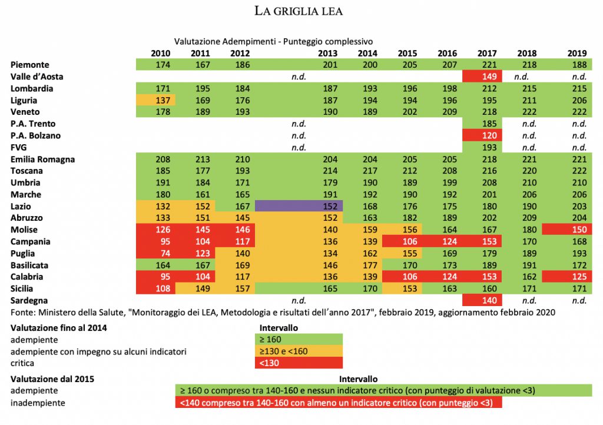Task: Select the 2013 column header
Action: click(x=327, y=53)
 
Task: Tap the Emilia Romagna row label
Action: click(x=42, y=160)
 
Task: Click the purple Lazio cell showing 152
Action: click(x=299, y=207)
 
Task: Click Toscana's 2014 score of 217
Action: click(x=367, y=171)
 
